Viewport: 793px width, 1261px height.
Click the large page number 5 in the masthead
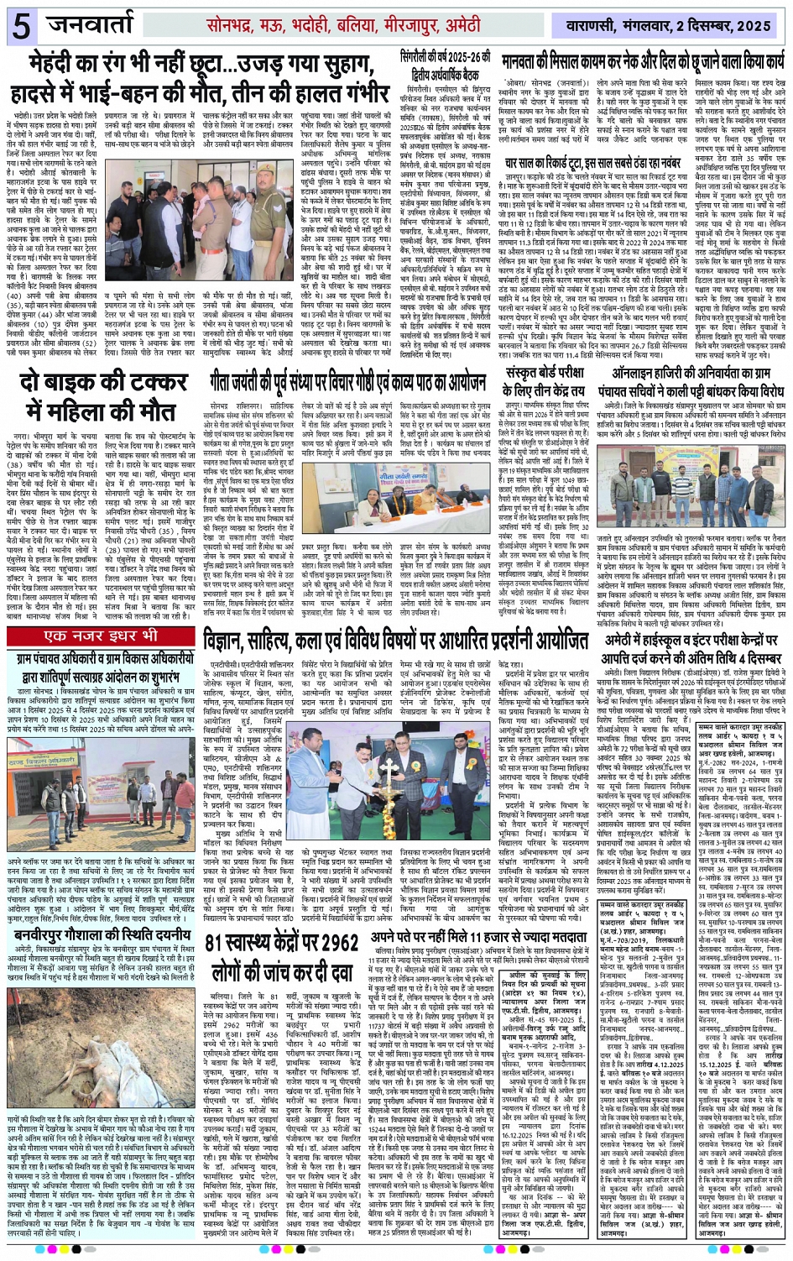pyautogui.click(x=19, y=26)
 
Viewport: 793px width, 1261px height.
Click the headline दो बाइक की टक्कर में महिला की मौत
pyautogui.click(x=106, y=396)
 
